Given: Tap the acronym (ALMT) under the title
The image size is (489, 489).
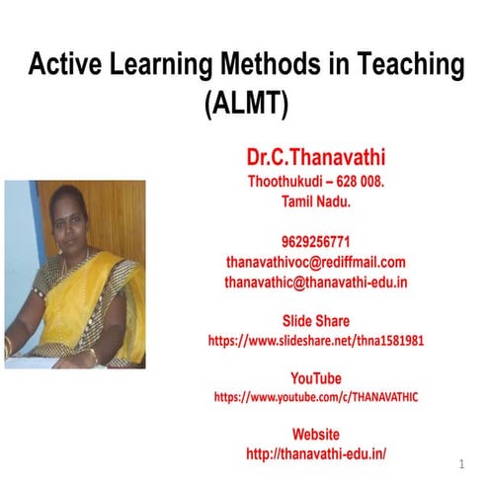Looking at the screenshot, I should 245,102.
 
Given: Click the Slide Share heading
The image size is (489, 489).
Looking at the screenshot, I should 316,321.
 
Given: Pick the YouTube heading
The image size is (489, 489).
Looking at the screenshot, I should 316,378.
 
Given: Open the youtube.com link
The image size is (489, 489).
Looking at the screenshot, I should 316,397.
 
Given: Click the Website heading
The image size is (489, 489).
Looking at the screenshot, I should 316,435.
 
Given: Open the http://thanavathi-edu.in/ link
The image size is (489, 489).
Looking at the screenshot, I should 316,453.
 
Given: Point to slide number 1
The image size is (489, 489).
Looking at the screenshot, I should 461,464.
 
